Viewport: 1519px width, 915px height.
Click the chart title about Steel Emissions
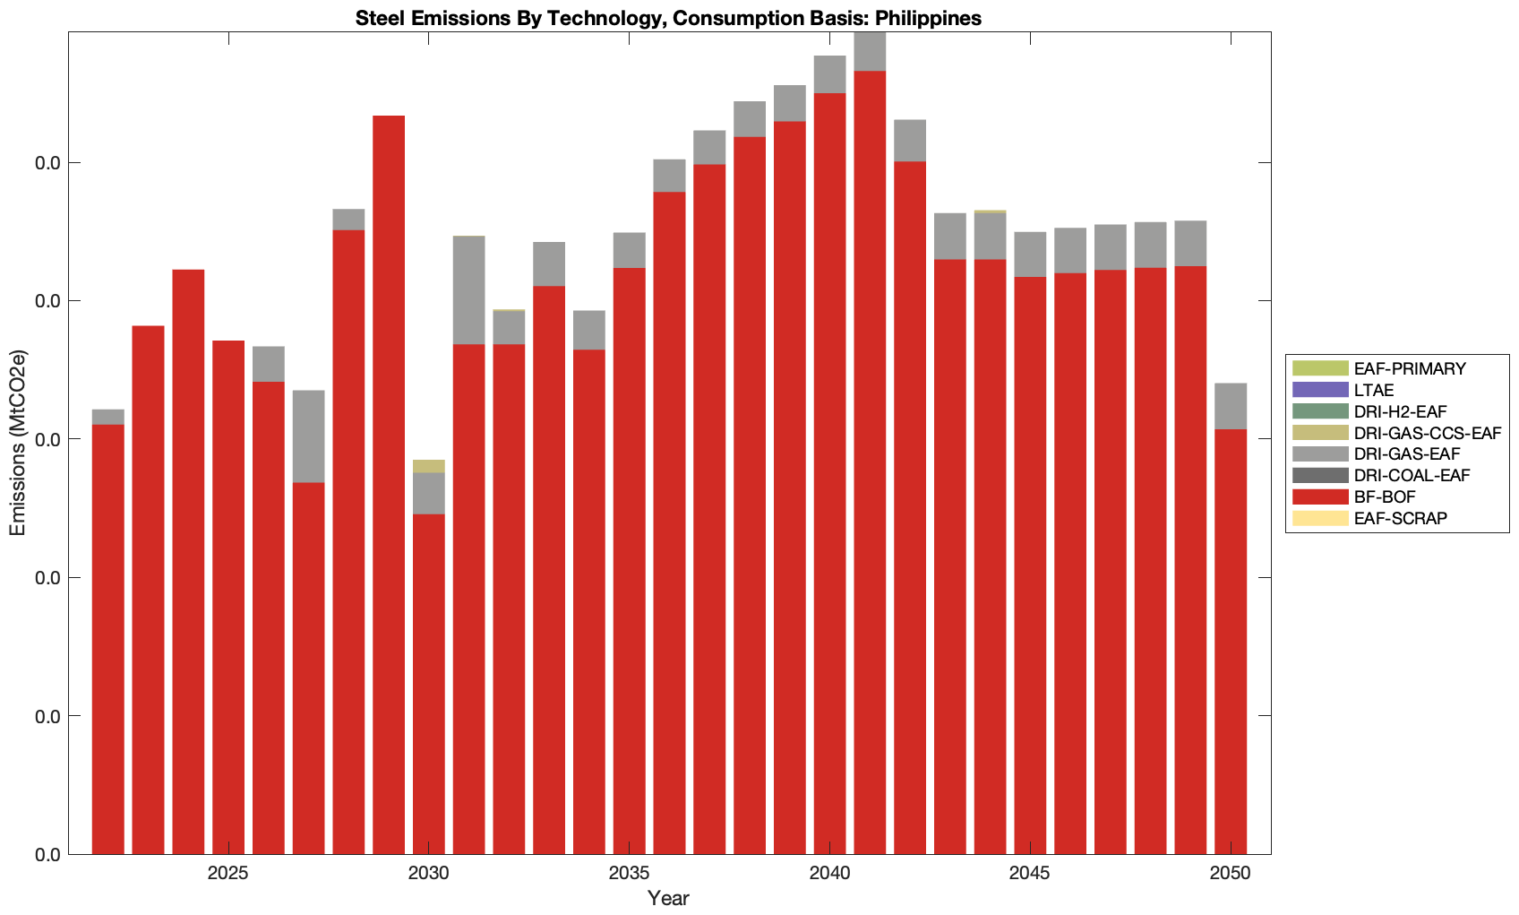point(668,18)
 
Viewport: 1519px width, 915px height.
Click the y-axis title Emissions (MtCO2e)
point(18,443)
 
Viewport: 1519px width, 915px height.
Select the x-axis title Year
point(668,898)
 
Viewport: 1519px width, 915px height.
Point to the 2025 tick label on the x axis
point(228,875)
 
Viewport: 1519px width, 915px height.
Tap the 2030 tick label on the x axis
point(429,875)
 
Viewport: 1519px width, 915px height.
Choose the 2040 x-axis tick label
point(829,875)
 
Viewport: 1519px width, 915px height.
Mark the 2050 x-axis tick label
point(1231,875)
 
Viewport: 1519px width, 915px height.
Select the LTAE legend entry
point(1373,390)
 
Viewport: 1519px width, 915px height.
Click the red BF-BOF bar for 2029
point(389,484)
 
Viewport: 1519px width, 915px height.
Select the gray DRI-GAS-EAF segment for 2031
point(469,289)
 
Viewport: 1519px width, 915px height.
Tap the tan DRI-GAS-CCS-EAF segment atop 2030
point(429,466)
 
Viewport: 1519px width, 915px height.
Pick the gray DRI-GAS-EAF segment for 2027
point(309,436)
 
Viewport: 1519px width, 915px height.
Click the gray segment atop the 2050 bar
point(1231,406)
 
